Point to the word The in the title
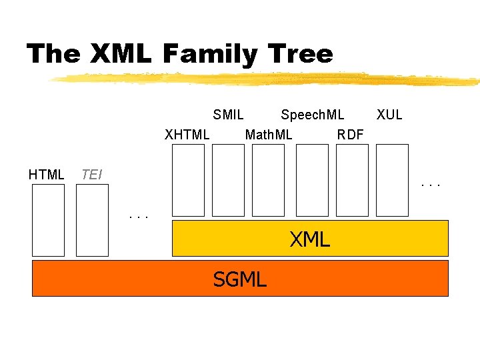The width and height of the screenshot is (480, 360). point(53,53)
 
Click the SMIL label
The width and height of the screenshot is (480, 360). point(228,115)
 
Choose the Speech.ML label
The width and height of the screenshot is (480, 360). point(312,115)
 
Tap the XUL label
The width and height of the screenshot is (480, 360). point(389,115)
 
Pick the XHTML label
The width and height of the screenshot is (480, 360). point(187,135)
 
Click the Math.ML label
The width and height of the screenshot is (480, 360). point(269,135)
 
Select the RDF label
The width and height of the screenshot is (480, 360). point(350,135)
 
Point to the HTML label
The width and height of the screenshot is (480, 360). point(46,175)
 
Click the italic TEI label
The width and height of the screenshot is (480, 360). point(91,175)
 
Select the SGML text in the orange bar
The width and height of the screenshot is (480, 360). point(239,279)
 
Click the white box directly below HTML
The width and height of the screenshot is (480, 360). point(49,220)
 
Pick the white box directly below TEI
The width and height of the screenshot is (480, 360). point(92,220)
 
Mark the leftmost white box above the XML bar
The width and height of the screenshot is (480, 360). point(188,180)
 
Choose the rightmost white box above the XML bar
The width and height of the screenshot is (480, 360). point(392,180)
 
